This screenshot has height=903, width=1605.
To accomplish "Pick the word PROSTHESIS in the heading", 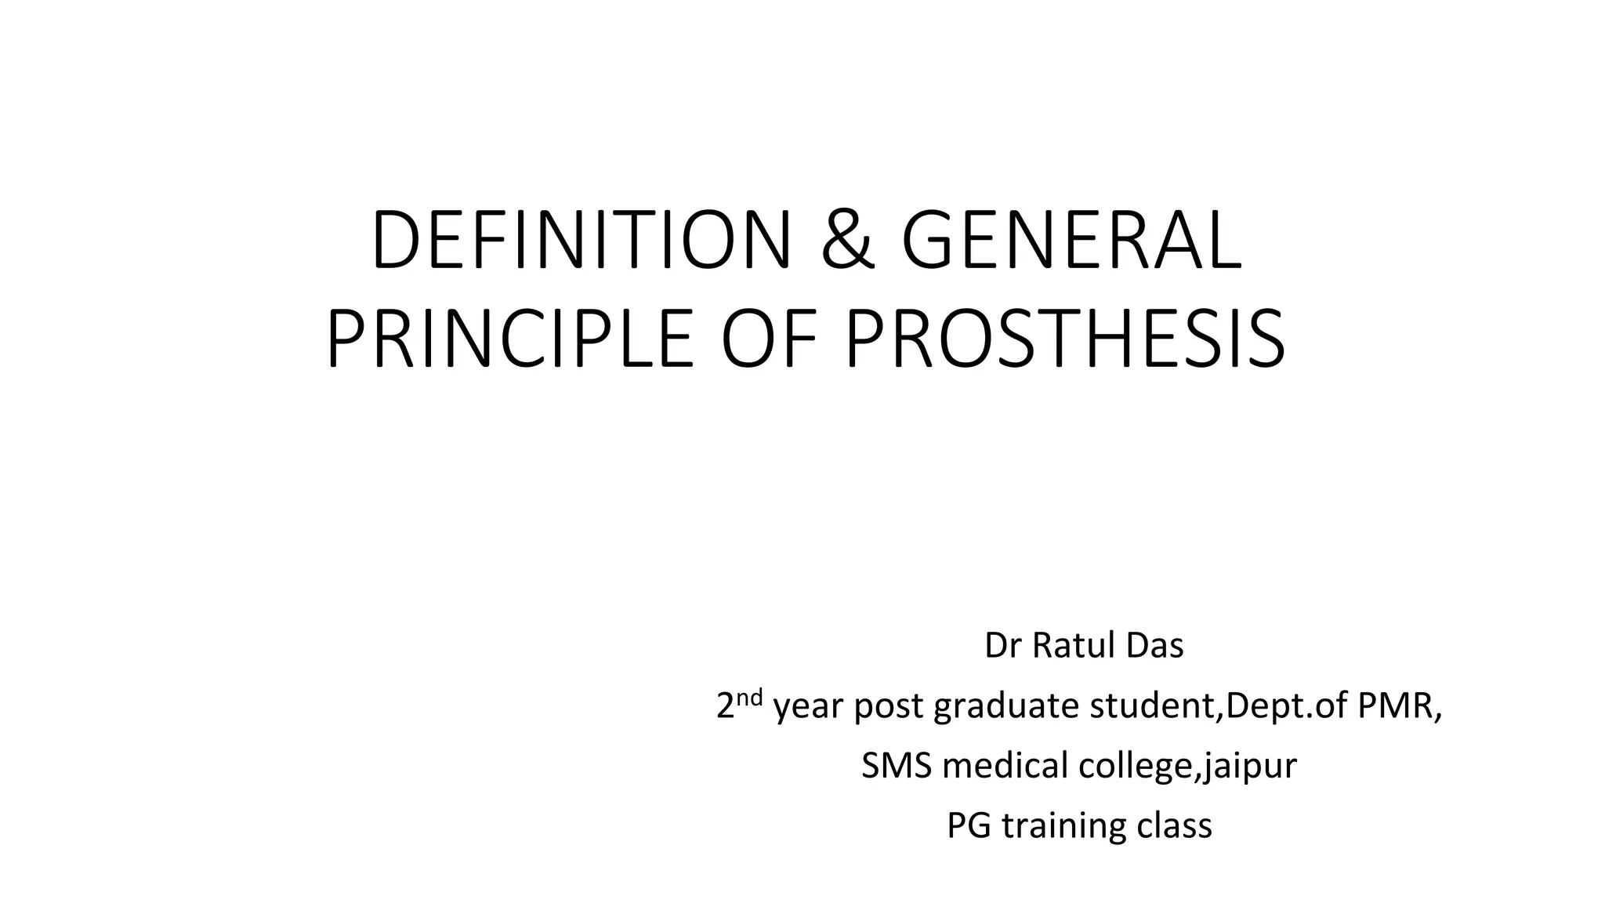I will [1066, 338].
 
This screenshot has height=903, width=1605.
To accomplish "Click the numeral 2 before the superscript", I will [725, 707].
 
